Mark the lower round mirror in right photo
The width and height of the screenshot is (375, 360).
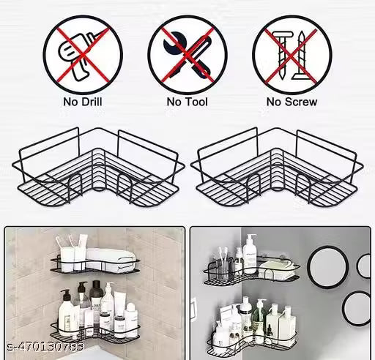tap(357, 309)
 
